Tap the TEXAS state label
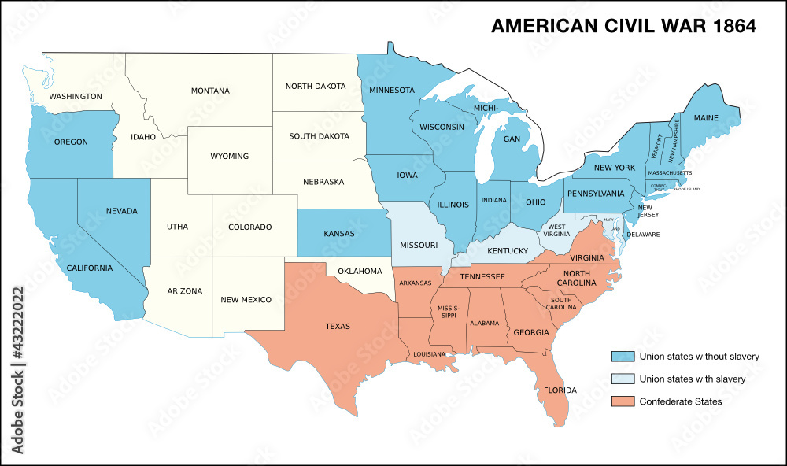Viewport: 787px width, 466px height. pyautogui.click(x=337, y=326)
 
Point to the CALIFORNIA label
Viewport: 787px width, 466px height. pyautogui.click(x=90, y=268)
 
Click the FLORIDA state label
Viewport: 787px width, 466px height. pyautogui.click(x=560, y=390)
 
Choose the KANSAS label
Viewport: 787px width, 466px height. pyautogui.click(x=338, y=234)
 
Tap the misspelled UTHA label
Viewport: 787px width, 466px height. pyautogui.click(x=177, y=227)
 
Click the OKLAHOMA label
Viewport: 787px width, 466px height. pyautogui.click(x=359, y=272)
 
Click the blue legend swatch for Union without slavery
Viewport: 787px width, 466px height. pyautogui.click(x=622, y=357)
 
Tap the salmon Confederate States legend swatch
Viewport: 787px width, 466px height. pyautogui.click(x=622, y=401)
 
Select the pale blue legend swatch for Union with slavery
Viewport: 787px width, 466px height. pyautogui.click(x=622, y=379)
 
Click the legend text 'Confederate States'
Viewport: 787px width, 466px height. pyautogui.click(x=680, y=401)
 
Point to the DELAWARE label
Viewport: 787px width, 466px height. pyautogui.click(x=643, y=235)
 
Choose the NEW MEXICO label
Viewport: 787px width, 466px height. pyautogui.click(x=246, y=299)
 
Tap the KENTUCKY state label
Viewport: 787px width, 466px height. pyautogui.click(x=508, y=251)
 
